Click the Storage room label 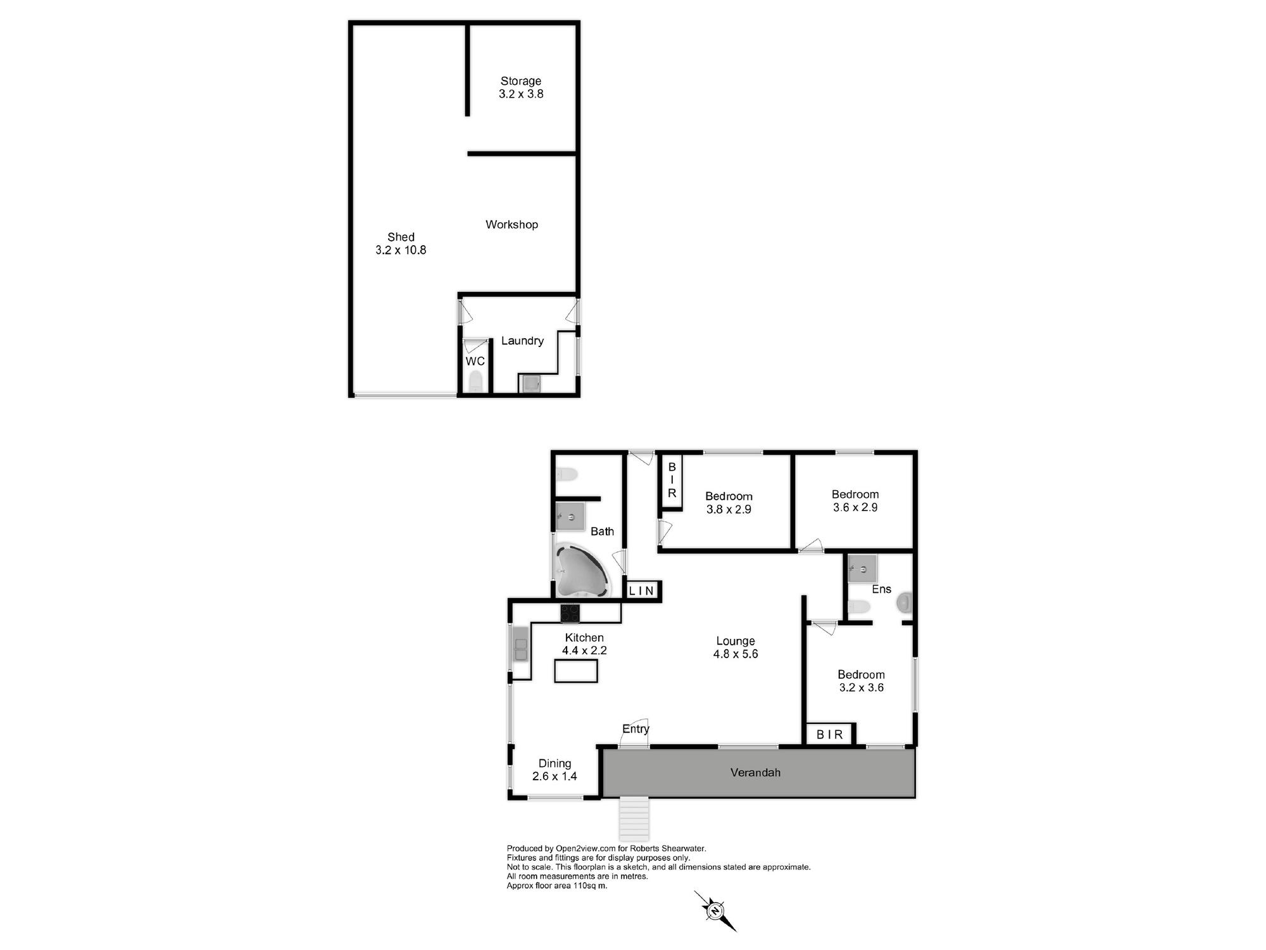[521, 81]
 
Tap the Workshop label [511, 224]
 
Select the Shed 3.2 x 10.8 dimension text [401, 250]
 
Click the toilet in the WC [475, 381]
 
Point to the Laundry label [522, 341]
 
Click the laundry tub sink [529, 383]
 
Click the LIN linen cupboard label [641, 591]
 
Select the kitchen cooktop [570, 613]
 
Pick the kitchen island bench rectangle [576, 671]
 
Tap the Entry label [636, 729]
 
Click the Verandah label [755, 773]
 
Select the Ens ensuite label [882, 589]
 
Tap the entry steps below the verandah [634, 818]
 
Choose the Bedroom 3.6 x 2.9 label [855, 501]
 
